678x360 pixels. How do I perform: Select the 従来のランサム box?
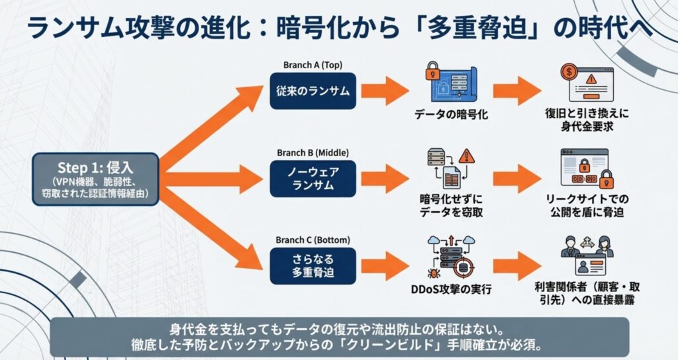pyautogui.click(x=313, y=91)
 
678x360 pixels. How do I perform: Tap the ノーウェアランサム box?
pyautogui.click(x=313, y=178)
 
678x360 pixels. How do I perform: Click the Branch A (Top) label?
pyautogui.click(x=313, y=65)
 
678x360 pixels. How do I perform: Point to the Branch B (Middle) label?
pyautogui.click(x=313, y=152)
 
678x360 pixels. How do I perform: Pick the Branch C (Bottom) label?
pyautogui.click(x=313, y=240)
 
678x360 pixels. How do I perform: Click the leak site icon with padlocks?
pyautogui.click(x=585, y=171)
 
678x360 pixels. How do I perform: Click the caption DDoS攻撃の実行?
pyautogui.click(x=450, y=289)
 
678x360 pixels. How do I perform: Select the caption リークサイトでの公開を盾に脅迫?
pyautogui.click(x=585, y=206)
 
